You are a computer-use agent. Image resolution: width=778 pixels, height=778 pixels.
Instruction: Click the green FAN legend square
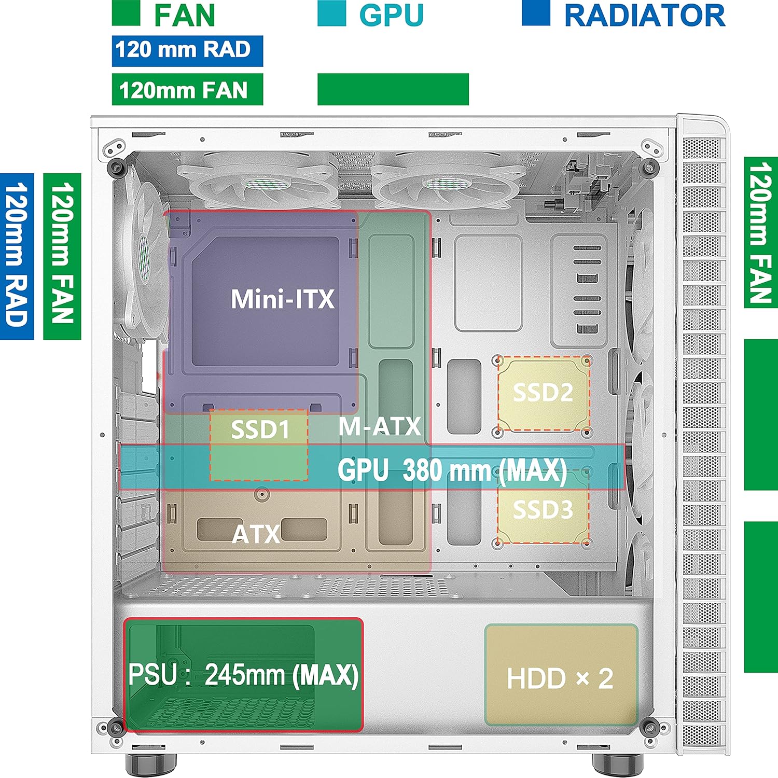(x=126, y=13)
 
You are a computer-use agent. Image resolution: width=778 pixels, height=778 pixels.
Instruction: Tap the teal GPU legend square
(x=331, y=13)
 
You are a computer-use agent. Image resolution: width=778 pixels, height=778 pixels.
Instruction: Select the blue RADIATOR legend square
(x=536, y=13)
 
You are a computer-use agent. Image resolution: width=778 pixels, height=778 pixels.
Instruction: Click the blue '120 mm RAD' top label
(x=187, y=51)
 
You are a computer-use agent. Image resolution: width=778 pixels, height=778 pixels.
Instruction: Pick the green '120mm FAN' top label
(x=187, y=90)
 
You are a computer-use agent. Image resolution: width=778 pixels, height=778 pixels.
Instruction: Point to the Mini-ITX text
(x=283, y=299)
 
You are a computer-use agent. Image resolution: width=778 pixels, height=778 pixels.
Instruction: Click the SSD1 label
(x=259, y=430)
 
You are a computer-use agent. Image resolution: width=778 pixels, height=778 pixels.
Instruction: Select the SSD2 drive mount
(x=543, y=393)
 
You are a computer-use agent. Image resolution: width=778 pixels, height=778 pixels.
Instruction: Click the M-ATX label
(x=380, y=426)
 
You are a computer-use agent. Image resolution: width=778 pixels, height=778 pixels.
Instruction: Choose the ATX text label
(x=256, y=534)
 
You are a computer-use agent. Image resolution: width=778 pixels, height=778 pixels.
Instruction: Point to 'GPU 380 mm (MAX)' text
(x=452, y=470)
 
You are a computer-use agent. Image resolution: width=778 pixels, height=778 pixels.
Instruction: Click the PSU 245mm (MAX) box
(x=243, y=675)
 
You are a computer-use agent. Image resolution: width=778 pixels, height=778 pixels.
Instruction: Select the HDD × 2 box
(x=560, y=675)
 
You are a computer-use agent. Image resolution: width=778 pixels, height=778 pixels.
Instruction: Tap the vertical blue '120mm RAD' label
(x=17, y=256)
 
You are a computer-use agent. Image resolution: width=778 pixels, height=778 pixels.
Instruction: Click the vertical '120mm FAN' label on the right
(x=761, y=232)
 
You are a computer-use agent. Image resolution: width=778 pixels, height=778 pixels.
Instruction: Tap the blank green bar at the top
(x=393, y=89)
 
